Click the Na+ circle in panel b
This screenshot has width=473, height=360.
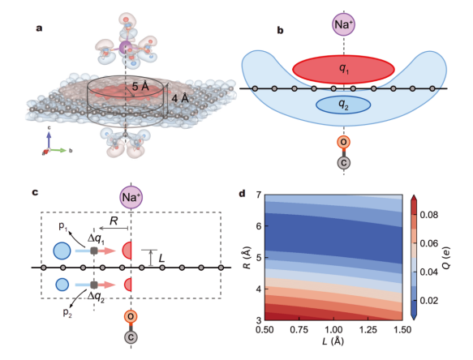(x=343, y=24)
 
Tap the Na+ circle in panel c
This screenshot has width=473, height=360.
(x=131, y=197)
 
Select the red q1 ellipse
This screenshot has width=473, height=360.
(x=343, y=70)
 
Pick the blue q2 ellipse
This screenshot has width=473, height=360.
(x=343, y=105)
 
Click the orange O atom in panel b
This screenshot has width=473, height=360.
(x=343, y=141)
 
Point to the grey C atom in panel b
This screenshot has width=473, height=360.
(x=343, y=163)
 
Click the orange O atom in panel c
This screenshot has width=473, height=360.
(x=131, y=316)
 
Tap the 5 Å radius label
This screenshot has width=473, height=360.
(x=140, y=87)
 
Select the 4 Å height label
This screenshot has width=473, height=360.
(x=180, y=98)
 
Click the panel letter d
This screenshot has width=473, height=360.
(x=242, y=194)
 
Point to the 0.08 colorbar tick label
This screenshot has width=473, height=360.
(x=429, y=215)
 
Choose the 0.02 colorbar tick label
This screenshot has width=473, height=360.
(x=429, y=301)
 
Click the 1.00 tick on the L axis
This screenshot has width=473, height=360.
(x=333, y=329)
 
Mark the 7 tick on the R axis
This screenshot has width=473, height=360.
(x=258, y=195)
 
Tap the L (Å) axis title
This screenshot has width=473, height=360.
(x=333, y=341)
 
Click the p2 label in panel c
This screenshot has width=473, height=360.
(x=67, y=313)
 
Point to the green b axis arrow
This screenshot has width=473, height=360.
(x=58, y=150)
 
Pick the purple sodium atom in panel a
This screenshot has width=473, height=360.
(x=125, y=47)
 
